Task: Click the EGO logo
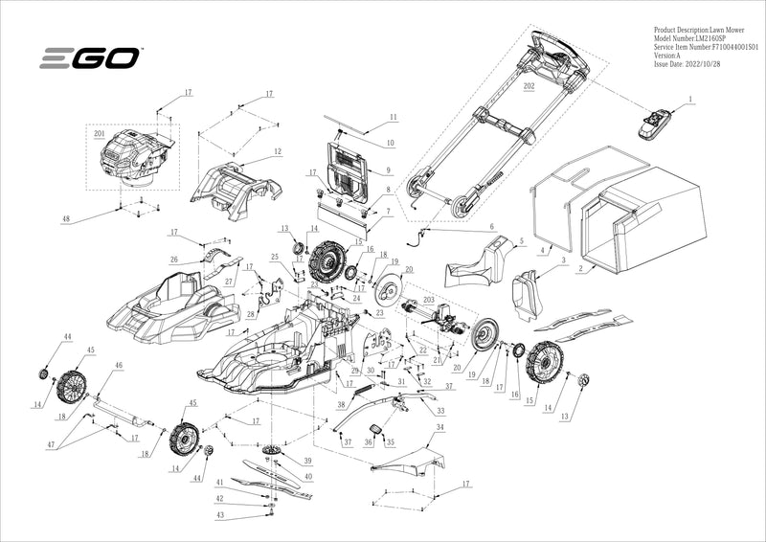coord(91,58)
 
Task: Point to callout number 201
coord(99,136)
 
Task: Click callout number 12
coord(277,151)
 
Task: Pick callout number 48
coord(66,219)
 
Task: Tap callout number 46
coord(119,365)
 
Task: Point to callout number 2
coord(579,269)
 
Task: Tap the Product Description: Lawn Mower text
coord(699,29)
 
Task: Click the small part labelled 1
coord(656,122)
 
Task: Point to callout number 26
coord(173,259)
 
